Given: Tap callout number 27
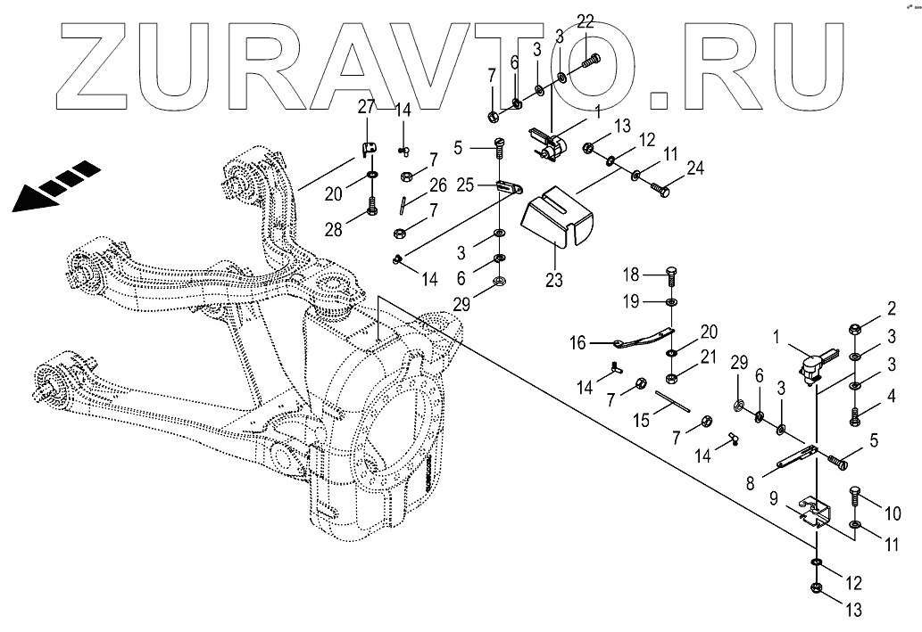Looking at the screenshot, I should (x=366, y=108).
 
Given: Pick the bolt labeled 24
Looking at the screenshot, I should (x=661, y=188).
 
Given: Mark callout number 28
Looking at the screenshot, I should (x=333, y=230).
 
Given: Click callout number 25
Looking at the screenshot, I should (x=465, y=185).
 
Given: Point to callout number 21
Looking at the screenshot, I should (x=709, y=357).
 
